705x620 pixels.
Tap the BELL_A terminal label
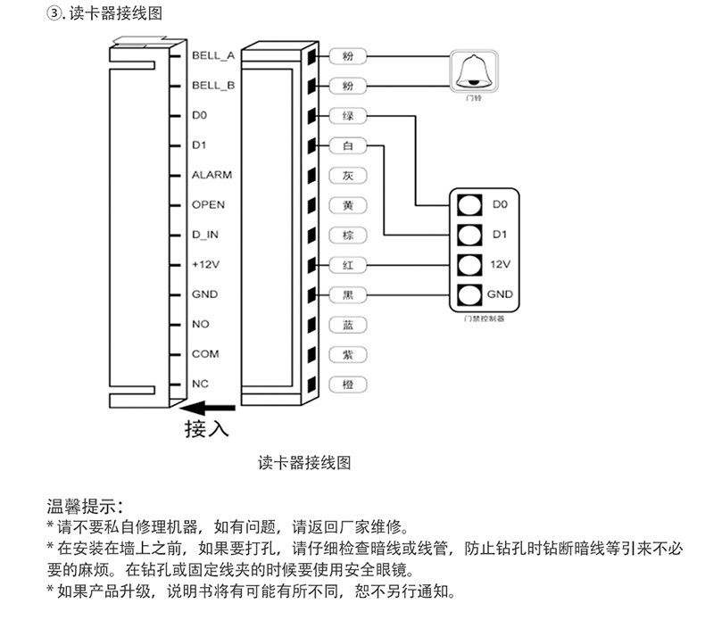point(212,55)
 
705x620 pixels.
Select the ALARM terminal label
point(211,175)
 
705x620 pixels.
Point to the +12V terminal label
point(205,265)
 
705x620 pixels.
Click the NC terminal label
point(200,384)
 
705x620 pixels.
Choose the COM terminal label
point(205,354)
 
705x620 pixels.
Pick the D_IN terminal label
point(205,235)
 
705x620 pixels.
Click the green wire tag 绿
point(348,115)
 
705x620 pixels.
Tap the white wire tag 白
point(348,145)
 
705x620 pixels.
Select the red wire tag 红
point(348,265)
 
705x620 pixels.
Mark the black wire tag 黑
point(348,294)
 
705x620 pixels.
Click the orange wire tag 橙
point(348,384)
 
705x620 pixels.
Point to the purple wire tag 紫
point(348,354)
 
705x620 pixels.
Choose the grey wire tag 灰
point(348,175)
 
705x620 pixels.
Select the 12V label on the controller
point(500,265)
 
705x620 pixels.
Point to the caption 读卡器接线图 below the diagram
point(303,462)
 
